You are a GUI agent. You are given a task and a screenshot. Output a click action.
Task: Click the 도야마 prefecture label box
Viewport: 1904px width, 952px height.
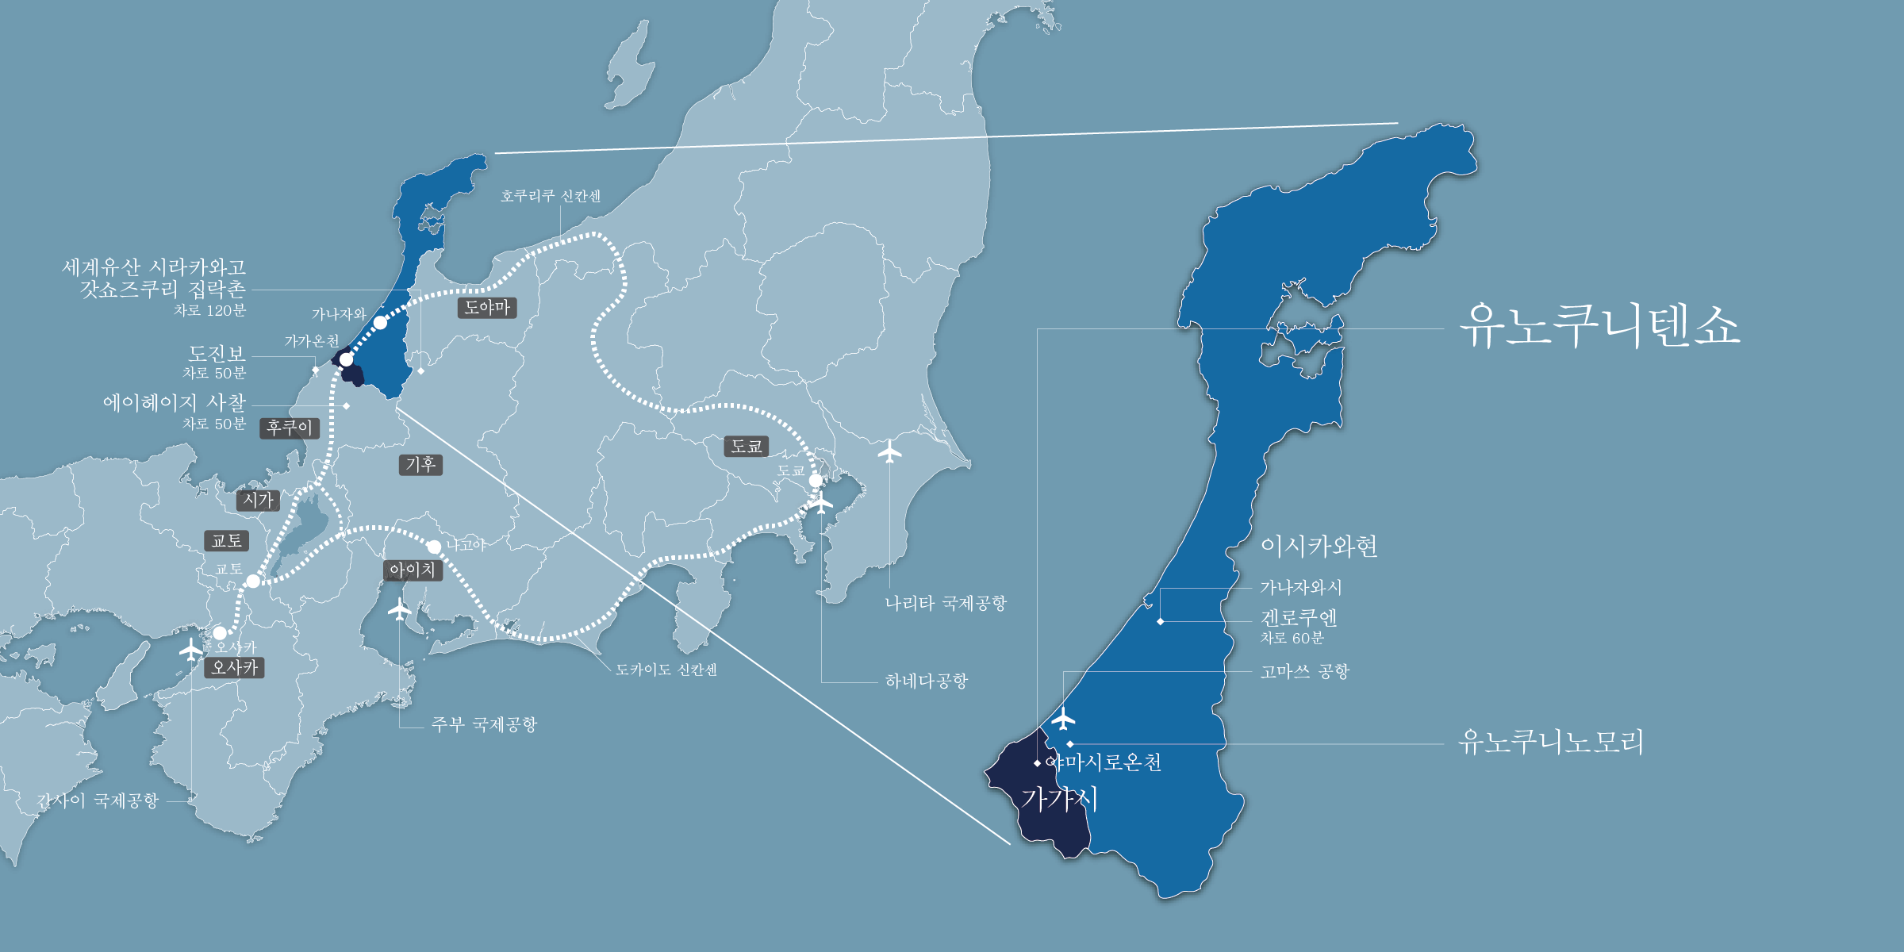coord(487,308)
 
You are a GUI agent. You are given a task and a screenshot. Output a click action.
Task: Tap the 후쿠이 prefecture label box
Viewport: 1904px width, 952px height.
coord(290,428)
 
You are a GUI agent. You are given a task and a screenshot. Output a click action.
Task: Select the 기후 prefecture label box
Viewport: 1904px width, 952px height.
coord(420,464)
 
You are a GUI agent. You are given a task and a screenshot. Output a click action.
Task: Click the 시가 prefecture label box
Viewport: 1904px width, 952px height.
coord(258,501)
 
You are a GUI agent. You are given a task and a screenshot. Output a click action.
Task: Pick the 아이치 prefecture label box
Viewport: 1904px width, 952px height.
coord(413,570)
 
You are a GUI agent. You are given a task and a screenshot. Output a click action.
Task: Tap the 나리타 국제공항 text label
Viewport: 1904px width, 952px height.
coord(946,604)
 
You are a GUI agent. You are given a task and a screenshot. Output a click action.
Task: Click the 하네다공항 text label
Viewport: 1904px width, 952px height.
coord(927,681)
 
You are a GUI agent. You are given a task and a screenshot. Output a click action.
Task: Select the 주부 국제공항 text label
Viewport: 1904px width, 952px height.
coord(484,724)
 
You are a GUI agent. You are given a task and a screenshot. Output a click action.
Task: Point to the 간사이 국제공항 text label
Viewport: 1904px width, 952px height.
coord(98,800)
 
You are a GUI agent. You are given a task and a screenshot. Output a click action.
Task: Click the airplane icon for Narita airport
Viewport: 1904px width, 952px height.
coord(890,452)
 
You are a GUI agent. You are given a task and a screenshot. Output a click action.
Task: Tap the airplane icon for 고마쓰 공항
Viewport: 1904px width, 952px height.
coord(1063,719)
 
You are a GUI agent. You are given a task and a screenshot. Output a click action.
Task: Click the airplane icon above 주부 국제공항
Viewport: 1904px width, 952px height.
coord(399,609)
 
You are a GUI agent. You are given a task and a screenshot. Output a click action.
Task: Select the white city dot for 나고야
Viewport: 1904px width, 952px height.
coord(434,547)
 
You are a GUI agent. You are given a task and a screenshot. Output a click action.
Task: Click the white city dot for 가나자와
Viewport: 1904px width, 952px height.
coord(381,323)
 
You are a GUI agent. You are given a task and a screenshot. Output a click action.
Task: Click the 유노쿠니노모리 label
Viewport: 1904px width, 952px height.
coord(1551,742)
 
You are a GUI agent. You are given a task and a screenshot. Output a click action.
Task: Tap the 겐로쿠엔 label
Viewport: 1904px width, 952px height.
coord(1299,618)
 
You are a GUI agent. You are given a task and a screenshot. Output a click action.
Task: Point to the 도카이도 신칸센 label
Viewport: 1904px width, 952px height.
coord(666,670)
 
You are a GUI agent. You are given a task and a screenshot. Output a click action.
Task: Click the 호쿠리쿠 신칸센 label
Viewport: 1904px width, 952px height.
coord(551,196)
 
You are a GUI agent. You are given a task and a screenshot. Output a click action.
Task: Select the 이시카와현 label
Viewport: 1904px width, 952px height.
coord(1319,547)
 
